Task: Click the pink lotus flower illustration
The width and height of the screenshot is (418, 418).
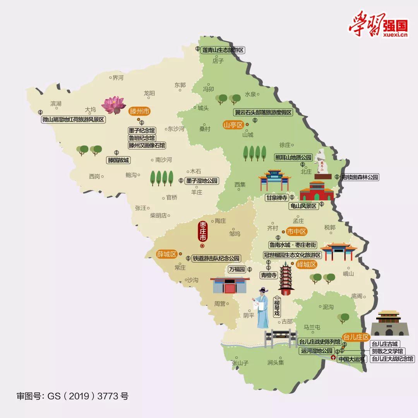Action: click(113, 104)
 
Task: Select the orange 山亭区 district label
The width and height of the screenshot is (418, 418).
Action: click(233, 125)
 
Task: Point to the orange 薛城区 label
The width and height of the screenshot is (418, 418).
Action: click(166, 254)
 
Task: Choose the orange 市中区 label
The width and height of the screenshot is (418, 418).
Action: click(296, 232)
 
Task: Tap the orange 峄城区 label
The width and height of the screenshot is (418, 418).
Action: click(306, 265)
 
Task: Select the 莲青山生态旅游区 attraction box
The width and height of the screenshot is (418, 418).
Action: click(223, 50)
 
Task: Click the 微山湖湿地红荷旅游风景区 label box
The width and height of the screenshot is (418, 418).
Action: click(73, 120)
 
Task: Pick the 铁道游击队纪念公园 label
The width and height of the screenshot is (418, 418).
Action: click(216, 258)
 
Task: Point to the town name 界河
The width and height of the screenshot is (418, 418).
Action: click(118, 78)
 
